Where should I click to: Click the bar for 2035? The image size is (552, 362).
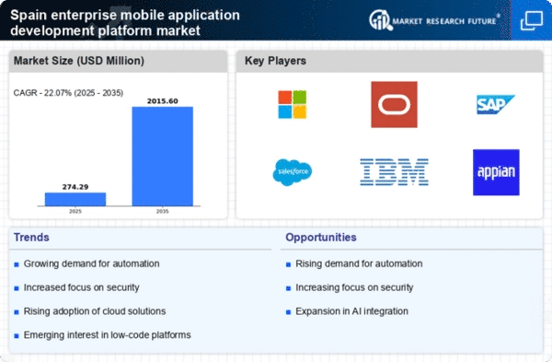tap(162, 157)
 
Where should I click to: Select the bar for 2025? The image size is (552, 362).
tap(75, 199)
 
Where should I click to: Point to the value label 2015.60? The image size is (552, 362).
tap(162, 101)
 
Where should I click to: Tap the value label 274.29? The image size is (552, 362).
tap(75, 187)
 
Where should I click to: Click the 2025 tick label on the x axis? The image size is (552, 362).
tap(75, 211)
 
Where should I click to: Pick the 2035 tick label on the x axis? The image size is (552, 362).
tap(162, 211)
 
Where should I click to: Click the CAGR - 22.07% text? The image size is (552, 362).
tap(42, 93)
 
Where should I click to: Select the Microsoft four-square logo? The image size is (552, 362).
tap(293, 104)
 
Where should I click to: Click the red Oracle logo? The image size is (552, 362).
tap(395, 104)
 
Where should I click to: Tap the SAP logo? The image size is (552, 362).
tap(496, 104)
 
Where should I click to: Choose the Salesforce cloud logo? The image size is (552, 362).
tap(293, 172)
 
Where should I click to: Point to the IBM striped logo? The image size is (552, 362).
tap(395, 172)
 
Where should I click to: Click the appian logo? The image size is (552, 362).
tap(496, 172)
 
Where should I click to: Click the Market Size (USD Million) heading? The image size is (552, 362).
tap(79, 61)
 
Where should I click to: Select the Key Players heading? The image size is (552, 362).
tap(275, 61)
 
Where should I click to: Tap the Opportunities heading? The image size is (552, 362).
tap(321, 238)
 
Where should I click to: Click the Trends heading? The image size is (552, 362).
tap(31, 238)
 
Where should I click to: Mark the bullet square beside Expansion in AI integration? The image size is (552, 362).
tap(288, 312)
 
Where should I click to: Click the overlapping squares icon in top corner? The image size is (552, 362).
tap(532, 20)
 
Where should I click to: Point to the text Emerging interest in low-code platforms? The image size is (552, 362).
tap(107, 335)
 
